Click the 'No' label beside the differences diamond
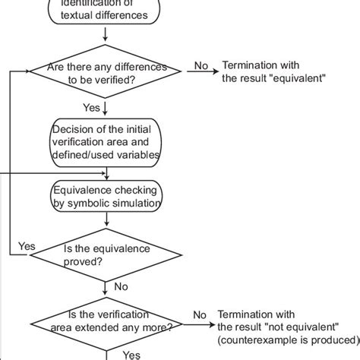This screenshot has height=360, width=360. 201,65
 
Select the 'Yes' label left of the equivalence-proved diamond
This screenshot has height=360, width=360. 27,246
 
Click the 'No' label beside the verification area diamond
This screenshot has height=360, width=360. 200,314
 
